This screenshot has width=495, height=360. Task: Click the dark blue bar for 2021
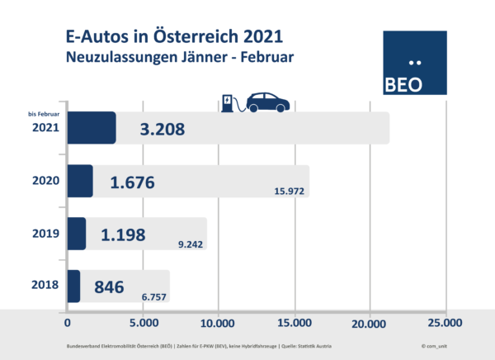click(91, 128)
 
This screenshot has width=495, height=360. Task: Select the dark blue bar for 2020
click(79, 181)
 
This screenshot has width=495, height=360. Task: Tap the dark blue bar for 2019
click(76, 234)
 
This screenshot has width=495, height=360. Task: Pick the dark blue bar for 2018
click(73, 286)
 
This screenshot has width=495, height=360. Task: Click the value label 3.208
click(162, 129)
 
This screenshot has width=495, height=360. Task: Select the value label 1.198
click(123, 234)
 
